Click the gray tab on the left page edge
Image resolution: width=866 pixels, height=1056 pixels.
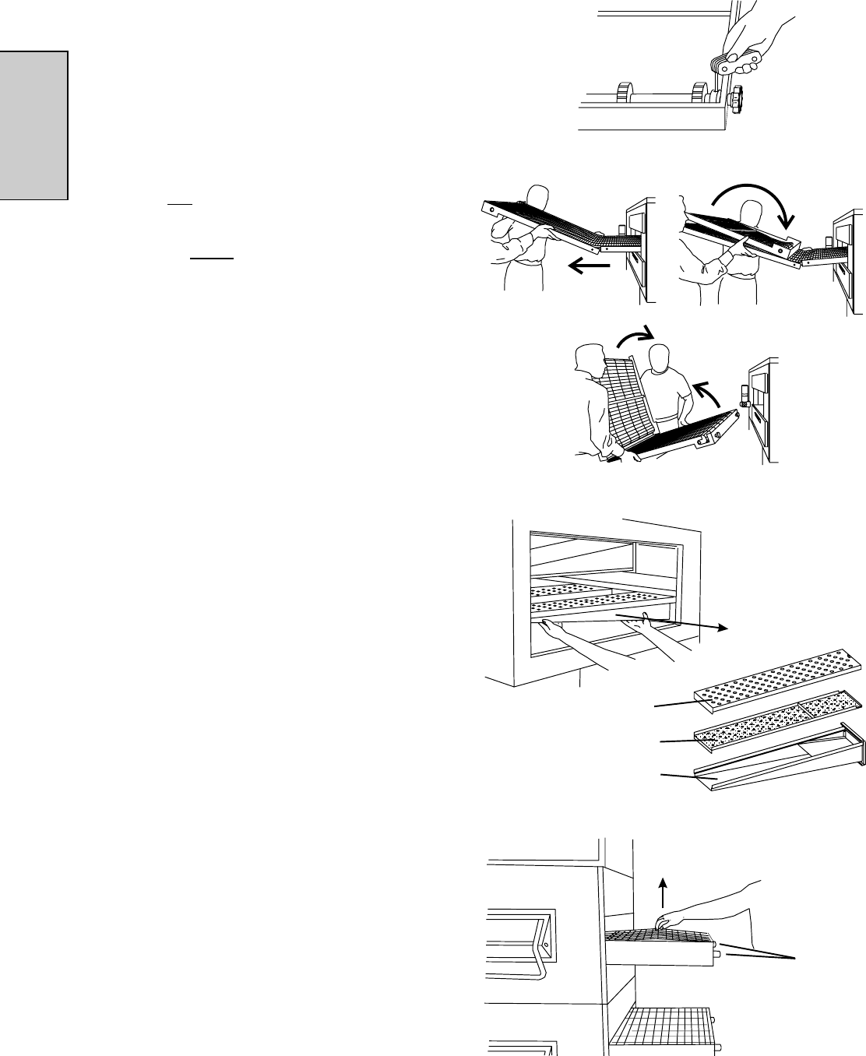click(34, 125)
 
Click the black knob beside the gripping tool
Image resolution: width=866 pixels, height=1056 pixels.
click(737, 100)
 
